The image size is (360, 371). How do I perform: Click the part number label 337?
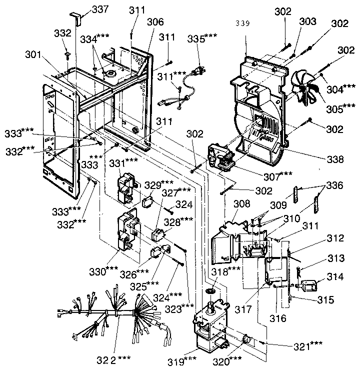click(100, 9)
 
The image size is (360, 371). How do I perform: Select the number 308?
click(241, 204)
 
